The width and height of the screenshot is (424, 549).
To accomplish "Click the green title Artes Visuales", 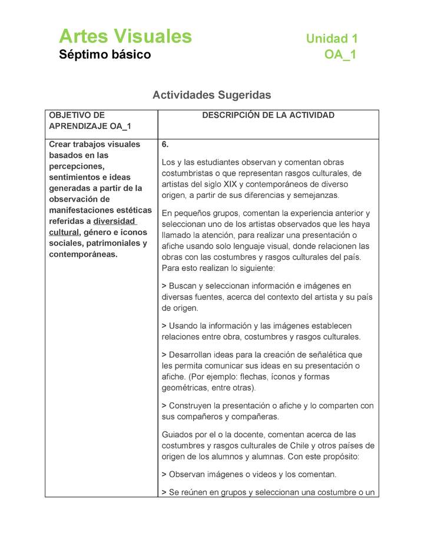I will click(125, 37).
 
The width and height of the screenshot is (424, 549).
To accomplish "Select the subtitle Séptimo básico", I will click(105, 55).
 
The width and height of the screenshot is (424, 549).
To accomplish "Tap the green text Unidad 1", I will click(332, 39).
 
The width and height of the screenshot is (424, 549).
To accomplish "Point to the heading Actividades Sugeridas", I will click(211, 94).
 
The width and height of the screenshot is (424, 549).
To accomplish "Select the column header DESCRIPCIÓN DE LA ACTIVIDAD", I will click(268, 115).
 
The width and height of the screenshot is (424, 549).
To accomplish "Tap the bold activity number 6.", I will click(165, 144).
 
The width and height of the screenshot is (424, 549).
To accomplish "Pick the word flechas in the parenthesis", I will click(276, 377).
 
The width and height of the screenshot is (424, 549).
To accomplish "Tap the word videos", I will click(270, 474).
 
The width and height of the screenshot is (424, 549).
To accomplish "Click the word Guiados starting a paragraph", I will click(177, 434).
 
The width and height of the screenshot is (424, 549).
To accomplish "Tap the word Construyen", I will click(191, 406).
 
